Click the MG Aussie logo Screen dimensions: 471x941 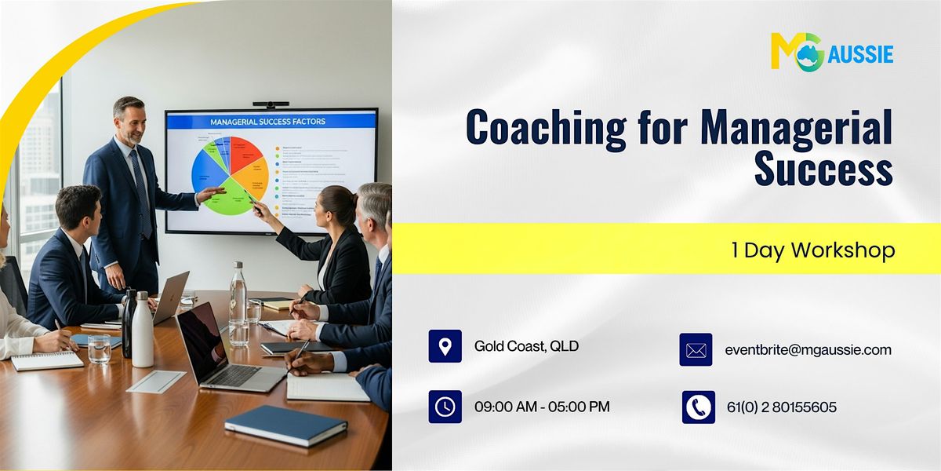[832, 52]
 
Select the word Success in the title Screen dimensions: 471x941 [823, 170]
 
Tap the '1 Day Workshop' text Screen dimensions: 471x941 [812, 250]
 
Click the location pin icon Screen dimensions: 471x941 [445, 346]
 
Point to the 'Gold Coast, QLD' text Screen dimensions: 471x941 [526, 346]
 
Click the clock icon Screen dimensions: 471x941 [445, 407]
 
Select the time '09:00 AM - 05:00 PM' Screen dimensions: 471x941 [542, 407]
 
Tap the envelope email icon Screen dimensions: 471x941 [696, 350]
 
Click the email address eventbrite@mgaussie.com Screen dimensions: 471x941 [808, 350]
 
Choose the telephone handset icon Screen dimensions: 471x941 [698, 407]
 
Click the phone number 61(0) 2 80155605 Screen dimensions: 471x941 [781, 407]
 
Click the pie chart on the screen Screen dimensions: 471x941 [230, 174]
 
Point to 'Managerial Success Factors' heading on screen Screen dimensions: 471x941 [267, 122]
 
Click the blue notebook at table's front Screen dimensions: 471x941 [285, 425]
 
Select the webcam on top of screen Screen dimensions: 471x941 [271, 104]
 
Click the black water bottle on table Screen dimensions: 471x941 [128, 322]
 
